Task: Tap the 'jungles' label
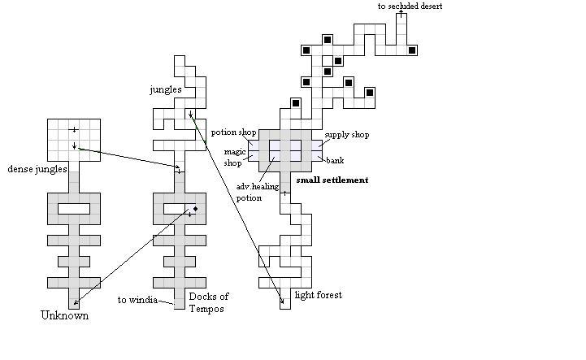tap(166, 89)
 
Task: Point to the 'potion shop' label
tap(234, 132)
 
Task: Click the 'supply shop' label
tap(347, 134)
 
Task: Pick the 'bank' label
tap(335, 160)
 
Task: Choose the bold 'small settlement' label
tap(332, 180)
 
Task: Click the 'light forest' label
tap(318, 295)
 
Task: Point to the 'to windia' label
tap(137, 300)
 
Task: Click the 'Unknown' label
tap(64, 314)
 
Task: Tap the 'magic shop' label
tap(235, 157)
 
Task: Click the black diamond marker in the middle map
tap(195, 209)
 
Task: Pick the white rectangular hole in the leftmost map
tap(73, 209)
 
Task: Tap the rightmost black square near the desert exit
tap(412, 50)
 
